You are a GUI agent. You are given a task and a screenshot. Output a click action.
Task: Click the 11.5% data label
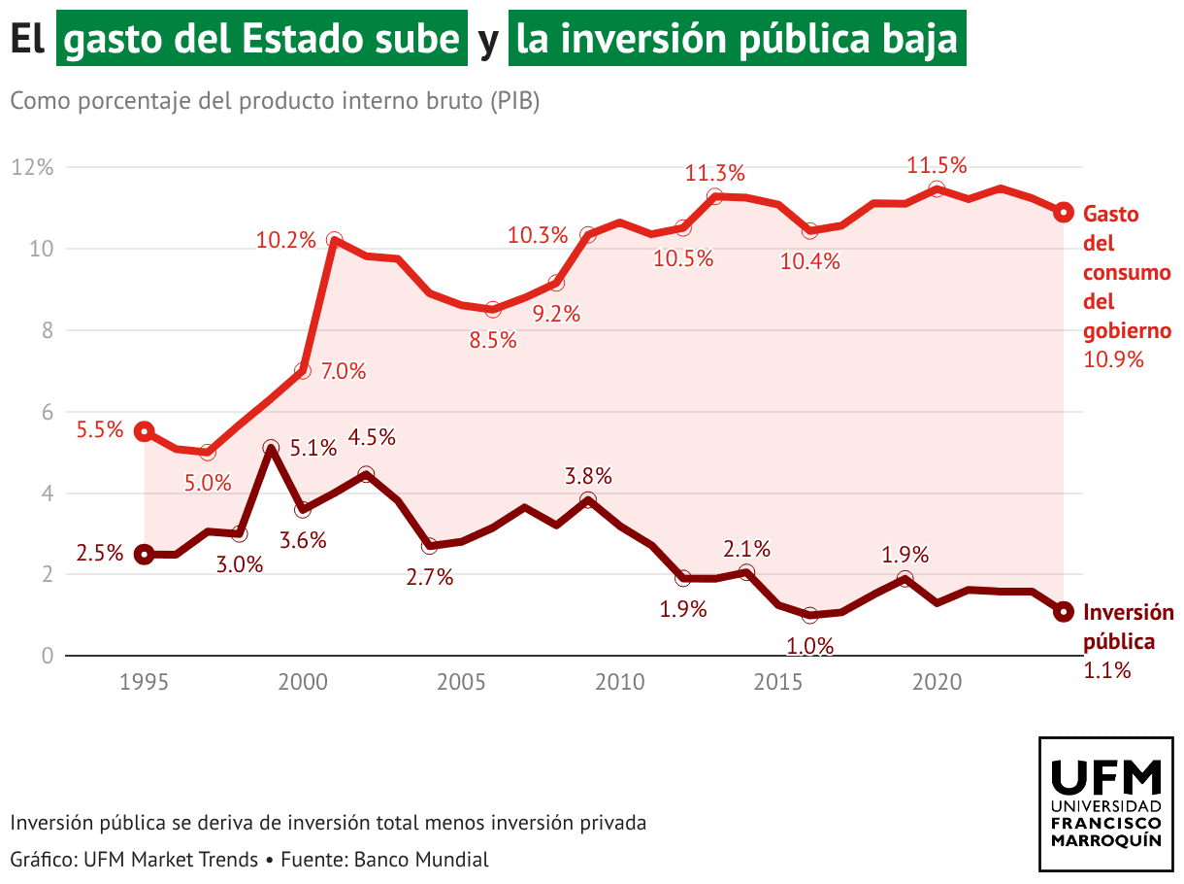coord(937,166)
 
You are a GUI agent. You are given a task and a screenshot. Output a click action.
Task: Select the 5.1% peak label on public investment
coord(314,449)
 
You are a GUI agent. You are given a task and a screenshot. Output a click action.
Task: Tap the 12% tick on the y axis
coord(32,167)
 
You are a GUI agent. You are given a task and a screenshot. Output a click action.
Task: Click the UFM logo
coord(1105,804)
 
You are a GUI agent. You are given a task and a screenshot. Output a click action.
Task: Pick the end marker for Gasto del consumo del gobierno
coord(1064,212)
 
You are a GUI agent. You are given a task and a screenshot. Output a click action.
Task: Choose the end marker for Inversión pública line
coord(1064,611)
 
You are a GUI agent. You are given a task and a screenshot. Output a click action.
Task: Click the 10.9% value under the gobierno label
coord(1113,359)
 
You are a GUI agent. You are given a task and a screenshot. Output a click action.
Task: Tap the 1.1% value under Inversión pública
coord(1107,669)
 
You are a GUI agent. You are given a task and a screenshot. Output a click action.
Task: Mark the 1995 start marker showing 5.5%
coord(145,431)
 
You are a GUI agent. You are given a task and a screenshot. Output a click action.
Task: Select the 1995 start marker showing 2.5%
coord(145,555)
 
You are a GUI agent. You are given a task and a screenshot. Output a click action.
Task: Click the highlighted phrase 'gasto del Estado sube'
coord(262,39)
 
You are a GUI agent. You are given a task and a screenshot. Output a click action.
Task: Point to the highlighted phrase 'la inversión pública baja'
coord(737,39)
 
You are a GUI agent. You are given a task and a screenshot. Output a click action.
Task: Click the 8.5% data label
coord(493,341)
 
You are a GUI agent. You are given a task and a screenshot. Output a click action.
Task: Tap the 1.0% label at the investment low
coord(811,646)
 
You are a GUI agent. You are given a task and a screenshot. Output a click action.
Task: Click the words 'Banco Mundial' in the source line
coord(421,860)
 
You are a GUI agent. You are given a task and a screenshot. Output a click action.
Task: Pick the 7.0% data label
coord(343,371)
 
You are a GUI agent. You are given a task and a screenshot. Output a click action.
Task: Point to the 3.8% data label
coord(589,477)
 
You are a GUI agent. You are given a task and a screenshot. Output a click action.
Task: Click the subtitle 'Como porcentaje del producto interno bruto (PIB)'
coord(275,101)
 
